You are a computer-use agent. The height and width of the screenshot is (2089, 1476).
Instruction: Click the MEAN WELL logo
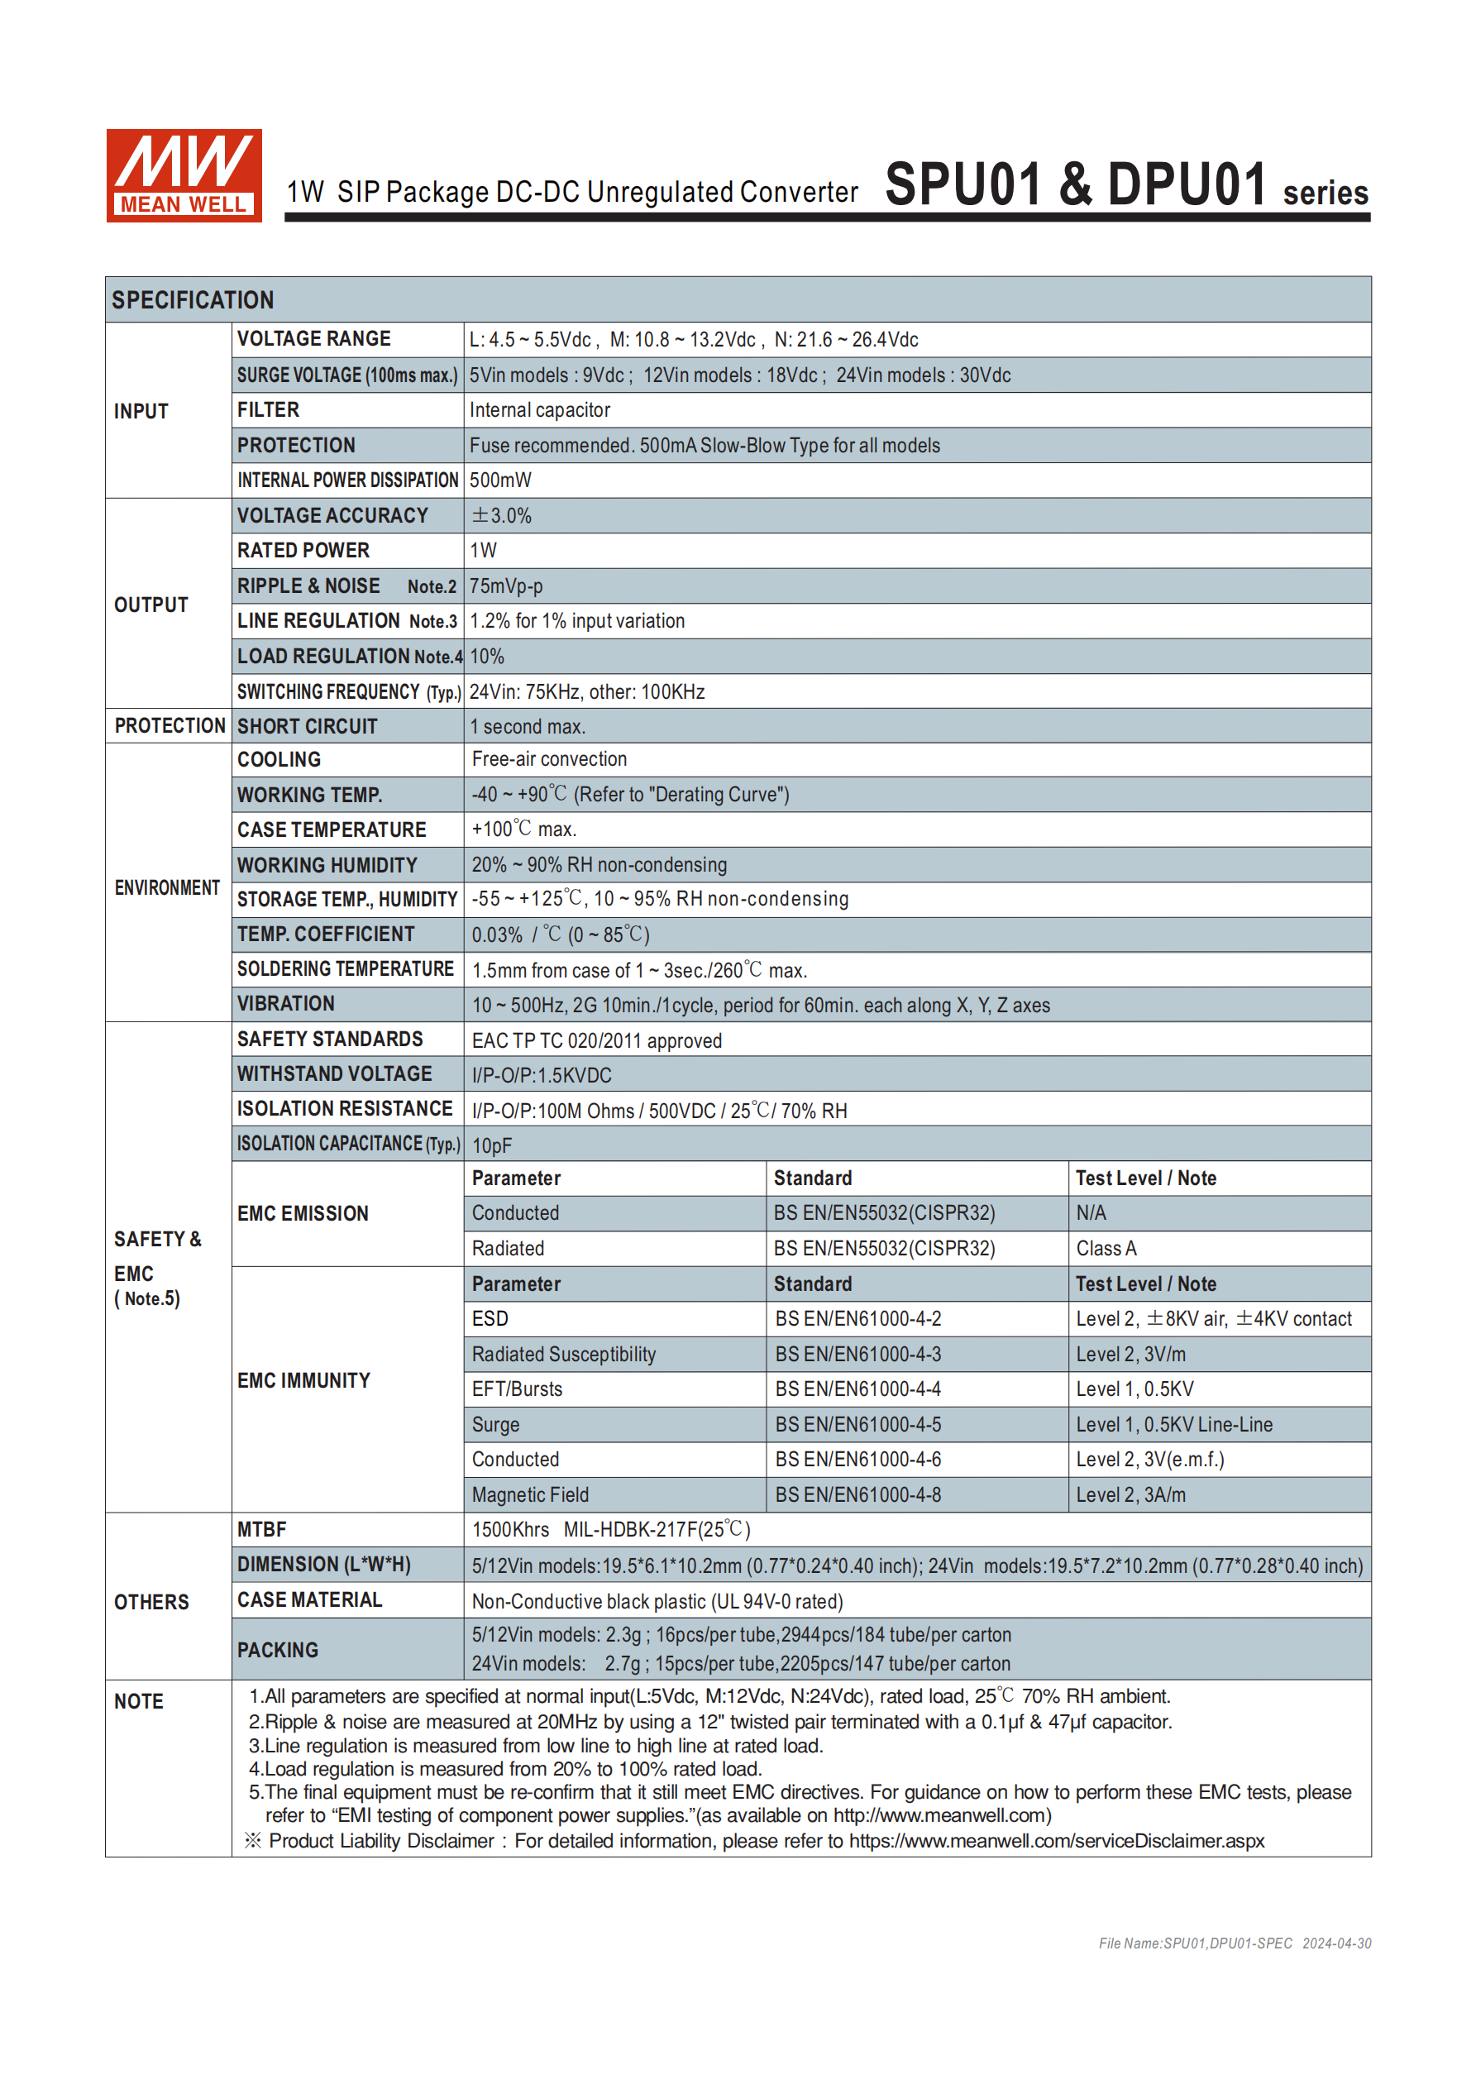coord(184,174)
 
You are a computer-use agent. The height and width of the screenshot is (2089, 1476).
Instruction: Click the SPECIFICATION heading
coord(192,300)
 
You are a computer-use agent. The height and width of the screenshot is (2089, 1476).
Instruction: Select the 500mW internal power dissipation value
coord(499,480)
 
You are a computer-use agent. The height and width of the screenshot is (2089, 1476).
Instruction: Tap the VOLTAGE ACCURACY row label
coord(332,516)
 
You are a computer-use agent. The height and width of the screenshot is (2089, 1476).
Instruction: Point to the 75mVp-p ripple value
coord(506,587)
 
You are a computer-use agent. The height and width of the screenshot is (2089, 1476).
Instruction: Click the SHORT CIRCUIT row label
coord(307,727)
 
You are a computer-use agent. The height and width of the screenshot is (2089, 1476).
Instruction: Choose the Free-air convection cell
coord(549,760)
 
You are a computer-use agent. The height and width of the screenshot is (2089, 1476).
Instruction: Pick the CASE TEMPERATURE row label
coord(332,829)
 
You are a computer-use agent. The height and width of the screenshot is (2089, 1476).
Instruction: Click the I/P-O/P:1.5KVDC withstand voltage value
coord(542,1075)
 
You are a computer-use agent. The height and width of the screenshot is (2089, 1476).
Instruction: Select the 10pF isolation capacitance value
coord(491,1145)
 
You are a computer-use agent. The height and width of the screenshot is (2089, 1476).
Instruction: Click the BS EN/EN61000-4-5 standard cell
coord(857,1425)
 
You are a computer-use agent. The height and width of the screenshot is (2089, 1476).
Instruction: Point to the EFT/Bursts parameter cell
coord(517,1389)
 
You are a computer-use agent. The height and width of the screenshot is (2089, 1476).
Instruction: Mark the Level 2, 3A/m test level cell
coord(1130,1495)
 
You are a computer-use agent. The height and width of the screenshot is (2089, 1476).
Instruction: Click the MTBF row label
coord(261,1529)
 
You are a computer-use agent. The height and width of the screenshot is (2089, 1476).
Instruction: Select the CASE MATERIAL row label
coord(309,1600)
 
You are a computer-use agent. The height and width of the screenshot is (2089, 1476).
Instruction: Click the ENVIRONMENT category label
coord(167,888)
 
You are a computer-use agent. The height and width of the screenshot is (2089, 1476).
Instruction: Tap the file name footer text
coord(1234,1943)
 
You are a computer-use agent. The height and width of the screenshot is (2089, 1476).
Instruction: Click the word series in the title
coord(1325,193)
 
